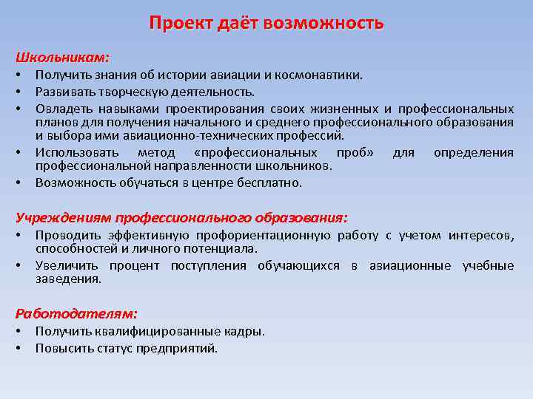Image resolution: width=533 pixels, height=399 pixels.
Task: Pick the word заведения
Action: point(67,279)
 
